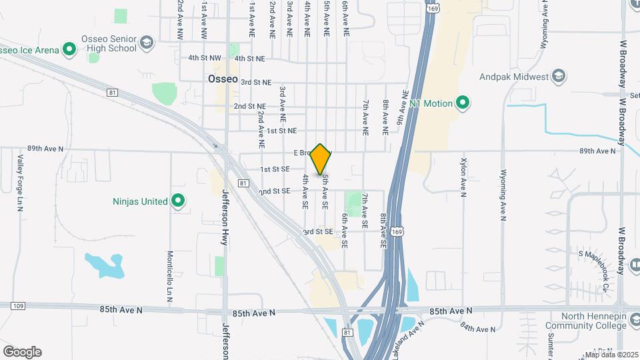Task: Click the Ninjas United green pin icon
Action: (x=177, y=201)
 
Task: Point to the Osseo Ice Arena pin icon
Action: (x=69, y=49)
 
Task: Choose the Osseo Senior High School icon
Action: (x=147, y=44)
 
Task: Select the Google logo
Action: (x=22, y=352)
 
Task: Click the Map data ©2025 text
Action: (x=611, y=355)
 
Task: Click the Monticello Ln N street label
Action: (x=170, y=275)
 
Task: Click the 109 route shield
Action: (x=17, y=305)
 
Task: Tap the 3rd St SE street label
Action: (x=316, y=231)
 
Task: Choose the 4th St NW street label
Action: (x=204, y=58)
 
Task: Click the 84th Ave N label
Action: (x=478, y=327)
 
